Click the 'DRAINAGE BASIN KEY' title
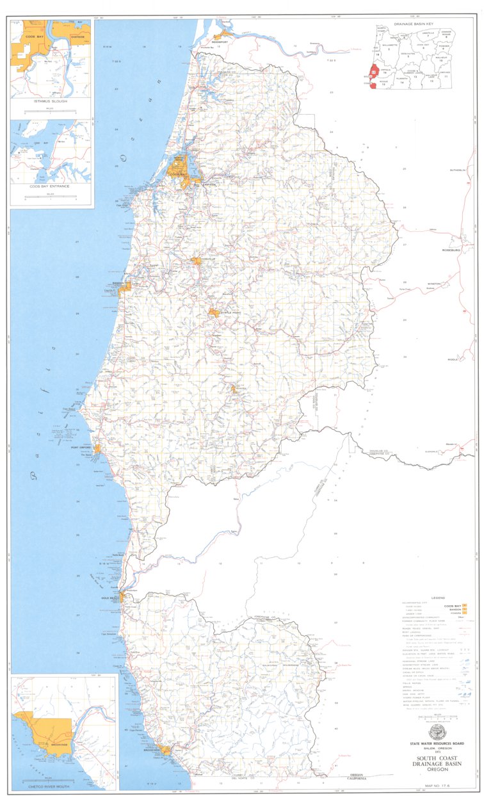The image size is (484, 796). click(423, 21)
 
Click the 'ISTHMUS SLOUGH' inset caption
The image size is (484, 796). click(50, 101)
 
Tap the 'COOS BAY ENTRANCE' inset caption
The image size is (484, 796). click(50, 187)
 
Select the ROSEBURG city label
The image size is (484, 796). click(451, 250)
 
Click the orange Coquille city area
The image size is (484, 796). click(197, 261)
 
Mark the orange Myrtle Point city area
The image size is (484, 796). click(213, 313)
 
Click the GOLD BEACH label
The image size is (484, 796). click(109, 598)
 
